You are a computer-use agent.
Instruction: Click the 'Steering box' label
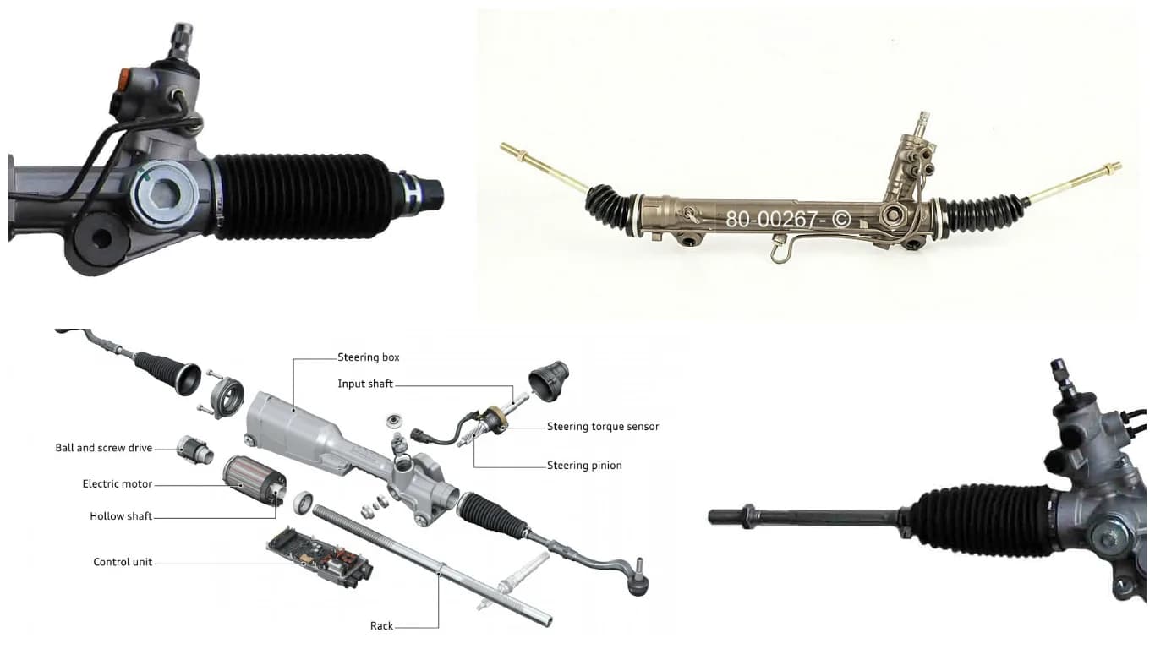[368, 357]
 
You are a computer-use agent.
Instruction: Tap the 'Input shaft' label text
[365, 384]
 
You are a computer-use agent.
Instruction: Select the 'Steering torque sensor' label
[603, 427]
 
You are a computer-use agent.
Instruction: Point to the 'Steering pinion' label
[584, 466]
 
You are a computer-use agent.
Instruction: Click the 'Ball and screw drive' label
[104, 448]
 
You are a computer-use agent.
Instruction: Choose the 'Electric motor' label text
[117, 484]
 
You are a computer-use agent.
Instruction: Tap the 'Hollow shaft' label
[121, 516]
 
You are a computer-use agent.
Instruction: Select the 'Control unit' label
[123, 562]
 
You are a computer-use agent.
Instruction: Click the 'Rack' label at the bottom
[381, 626]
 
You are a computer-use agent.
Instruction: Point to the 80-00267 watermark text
[771, 219]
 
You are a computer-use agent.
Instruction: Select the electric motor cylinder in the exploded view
[255, 480]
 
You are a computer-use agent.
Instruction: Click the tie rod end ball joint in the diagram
[638, 582]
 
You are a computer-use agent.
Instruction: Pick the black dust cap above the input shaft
[549, 381]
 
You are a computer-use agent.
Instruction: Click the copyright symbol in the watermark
[840, 220]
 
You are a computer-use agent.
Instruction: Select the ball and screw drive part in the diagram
[194, 450]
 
